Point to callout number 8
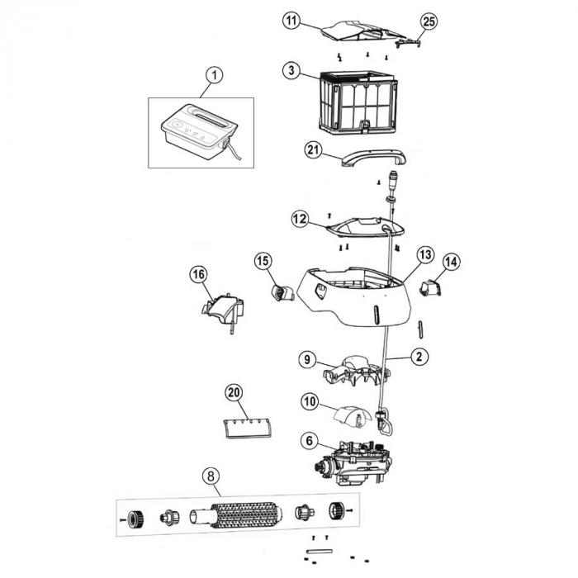click(212, 476)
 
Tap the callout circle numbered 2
click(420, 358)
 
